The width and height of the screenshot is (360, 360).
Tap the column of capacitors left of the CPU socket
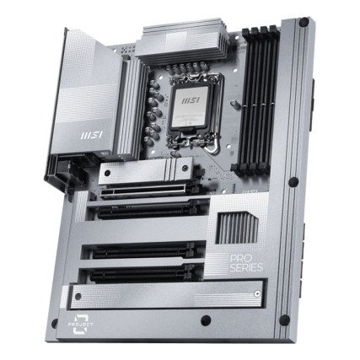(x=152, y=114)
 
